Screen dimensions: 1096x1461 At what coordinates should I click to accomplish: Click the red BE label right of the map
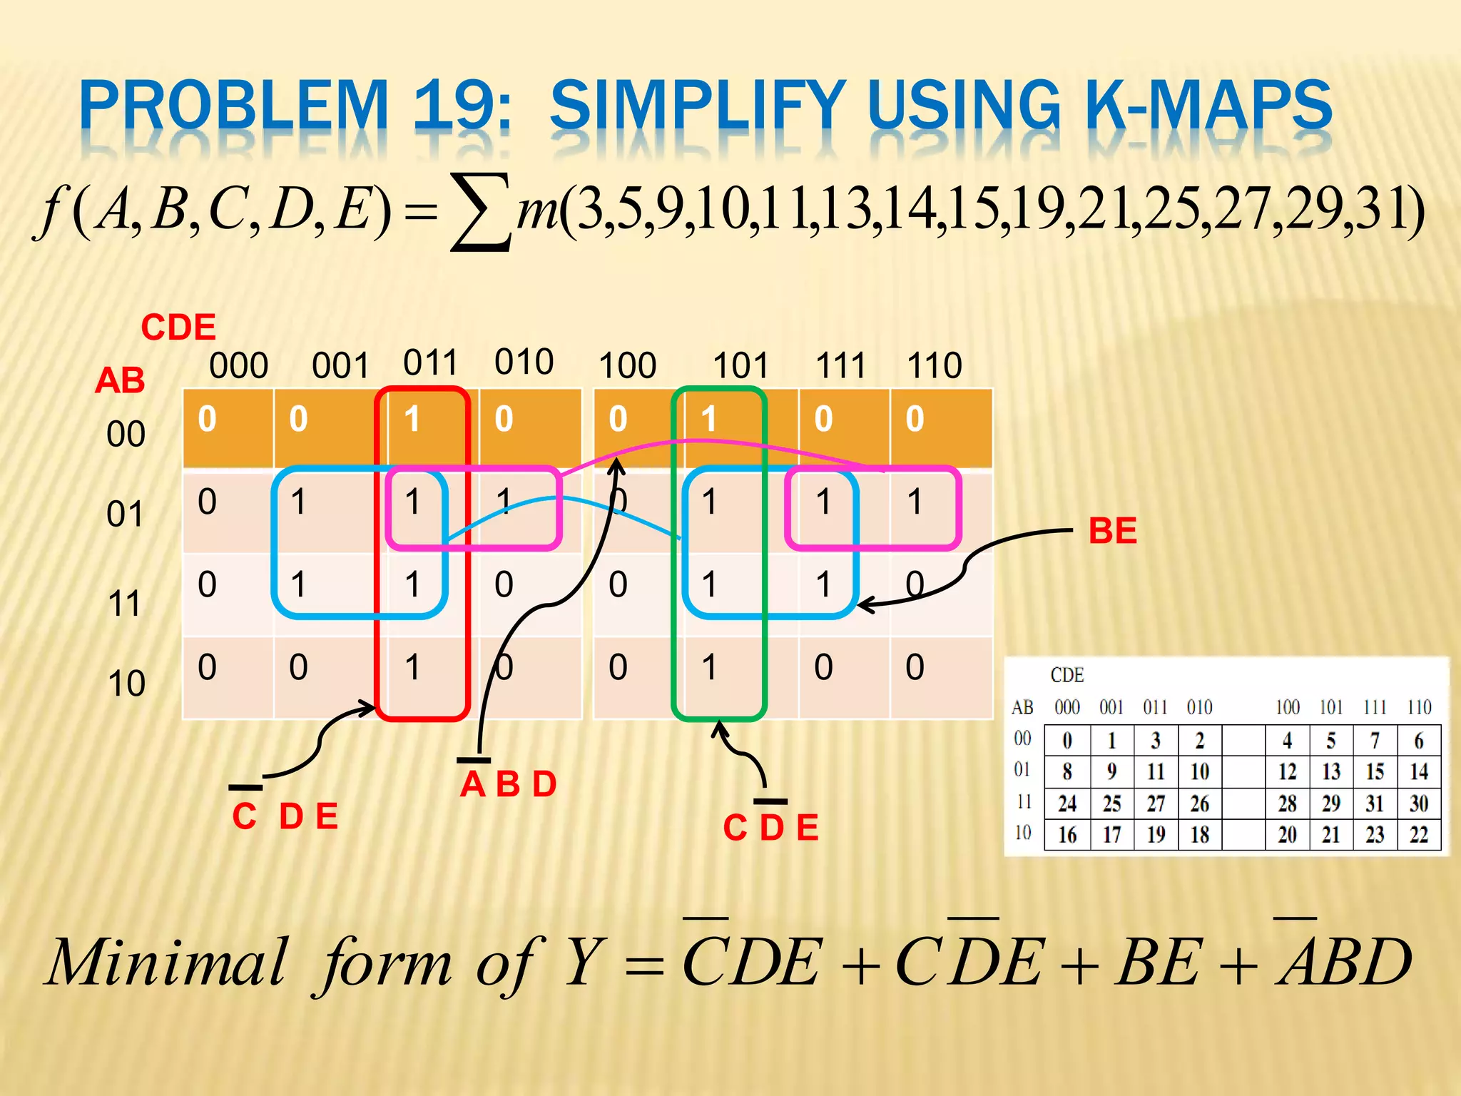point(1112,532)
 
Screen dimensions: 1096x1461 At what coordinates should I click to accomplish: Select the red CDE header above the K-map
point(178,328)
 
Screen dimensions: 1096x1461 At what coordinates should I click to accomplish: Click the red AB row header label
point(120,380)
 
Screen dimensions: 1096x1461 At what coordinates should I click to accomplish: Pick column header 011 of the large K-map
point(430,363)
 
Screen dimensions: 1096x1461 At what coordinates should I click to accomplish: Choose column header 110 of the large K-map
point(934,365)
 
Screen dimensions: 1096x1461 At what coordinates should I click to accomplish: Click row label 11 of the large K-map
point(125,604)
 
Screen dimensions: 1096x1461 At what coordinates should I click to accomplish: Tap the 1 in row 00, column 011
point(412,420)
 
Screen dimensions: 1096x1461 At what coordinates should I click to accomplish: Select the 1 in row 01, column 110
point(915,502)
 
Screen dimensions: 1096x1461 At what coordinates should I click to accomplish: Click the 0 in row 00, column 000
point(207,420)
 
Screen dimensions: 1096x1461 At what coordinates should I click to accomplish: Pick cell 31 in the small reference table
point(1375,803)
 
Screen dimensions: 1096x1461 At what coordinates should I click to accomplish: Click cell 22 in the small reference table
point(1418,834)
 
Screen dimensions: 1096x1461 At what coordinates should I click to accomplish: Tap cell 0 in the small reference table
point(1067,741)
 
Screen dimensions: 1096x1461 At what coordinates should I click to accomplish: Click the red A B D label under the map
point(508,785)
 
